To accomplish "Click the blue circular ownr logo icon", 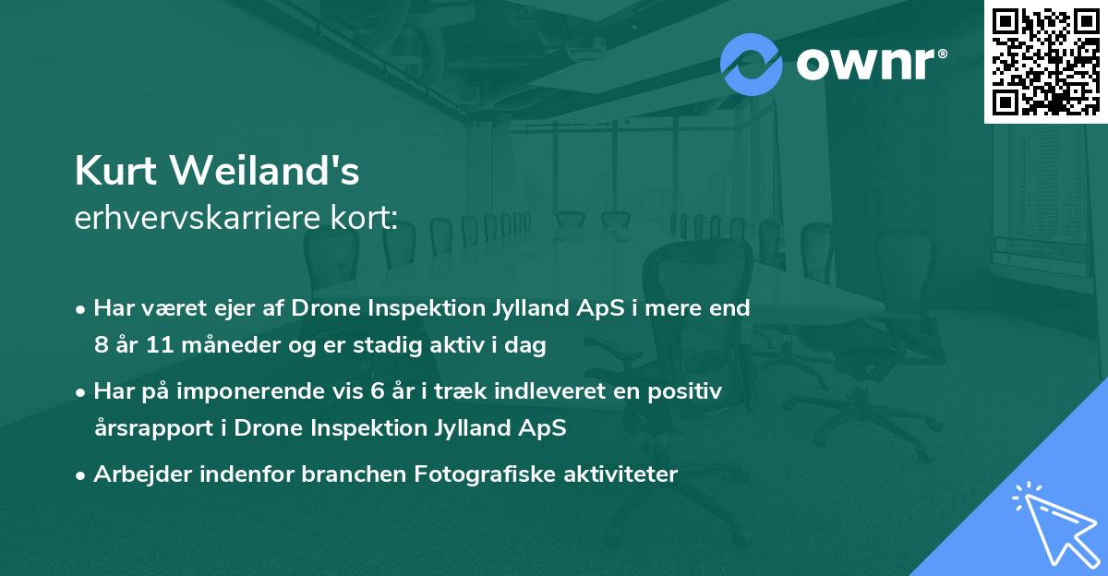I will pyautogui.click(x=752, y=64).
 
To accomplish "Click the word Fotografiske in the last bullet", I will pyautogui.click(x=480, y=474).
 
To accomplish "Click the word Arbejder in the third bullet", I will pyautogui.click(x=134, y=474).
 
